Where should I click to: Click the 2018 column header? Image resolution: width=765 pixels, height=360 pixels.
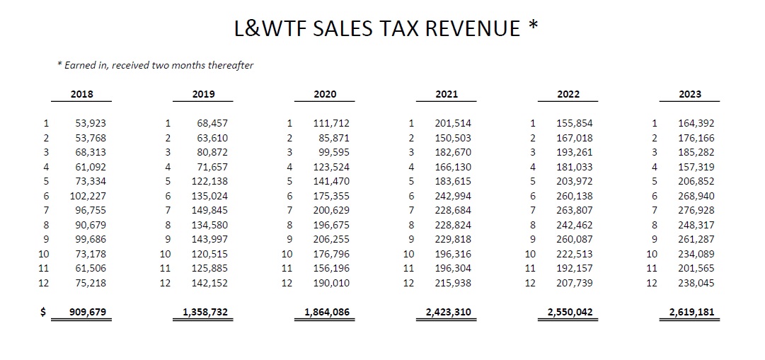click(x=82, y=94)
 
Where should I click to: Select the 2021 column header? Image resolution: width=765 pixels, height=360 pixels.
click(x=447, y=94)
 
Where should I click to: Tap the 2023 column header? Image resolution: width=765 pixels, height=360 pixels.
click(x=690, y=94)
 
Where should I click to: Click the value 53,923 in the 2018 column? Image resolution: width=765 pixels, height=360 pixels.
click(x=91, y=123)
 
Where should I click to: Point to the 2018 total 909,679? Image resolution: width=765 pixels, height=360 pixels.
click(x=88, y=312)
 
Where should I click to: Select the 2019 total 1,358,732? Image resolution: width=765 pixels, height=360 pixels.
click(x=205, y=312)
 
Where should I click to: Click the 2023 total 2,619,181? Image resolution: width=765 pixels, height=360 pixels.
click(x=691, y=312)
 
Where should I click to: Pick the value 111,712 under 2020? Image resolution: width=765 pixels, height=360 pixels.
click(x=331, y=123)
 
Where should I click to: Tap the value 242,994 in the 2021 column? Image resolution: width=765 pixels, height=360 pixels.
click(x=453, y=196)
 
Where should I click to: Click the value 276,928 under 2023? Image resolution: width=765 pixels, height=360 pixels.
click(x=696, y=210)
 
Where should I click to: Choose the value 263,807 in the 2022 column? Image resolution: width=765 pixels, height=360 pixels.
click(x=575, y=210)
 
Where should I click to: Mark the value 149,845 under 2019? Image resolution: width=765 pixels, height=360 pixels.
click(x=209, y=210)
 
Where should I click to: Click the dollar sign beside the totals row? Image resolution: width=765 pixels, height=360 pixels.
click(x=43, y=312)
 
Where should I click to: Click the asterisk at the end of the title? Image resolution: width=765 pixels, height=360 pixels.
click(x=532, y=27)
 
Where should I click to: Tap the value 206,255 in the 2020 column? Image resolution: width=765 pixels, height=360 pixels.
click(x=331, y=239)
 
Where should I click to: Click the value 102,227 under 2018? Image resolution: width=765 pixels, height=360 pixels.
click(x=88, y=196)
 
